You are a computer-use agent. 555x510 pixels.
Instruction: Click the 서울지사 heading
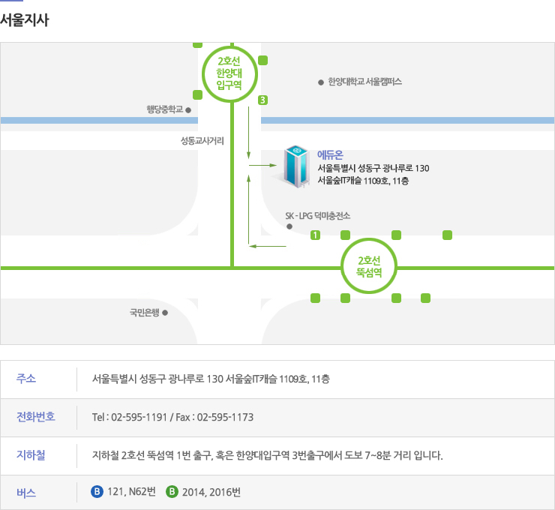pyautogui.click(x=25, y=20)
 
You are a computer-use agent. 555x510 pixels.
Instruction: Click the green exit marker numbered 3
pyautogui.click(x=262, y=100)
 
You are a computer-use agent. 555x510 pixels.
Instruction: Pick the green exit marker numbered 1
pyautogui.click(x=315, y=235)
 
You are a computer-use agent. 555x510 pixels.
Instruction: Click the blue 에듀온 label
pyautogui.click(x=330, y=154)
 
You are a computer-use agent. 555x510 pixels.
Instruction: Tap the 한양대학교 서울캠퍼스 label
pyautogui.click(x=365, y=82)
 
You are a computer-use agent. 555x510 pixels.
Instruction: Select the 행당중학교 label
pyautogui.click(x=165, y=109)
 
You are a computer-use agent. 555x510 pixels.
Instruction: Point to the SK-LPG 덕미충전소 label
pyautogui.click(x=318, y=216)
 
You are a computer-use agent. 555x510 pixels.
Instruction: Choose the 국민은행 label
pyautogui.click(x=145, y=312)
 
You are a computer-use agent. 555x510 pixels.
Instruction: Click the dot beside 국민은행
pyautogui.click(x=165, y=312)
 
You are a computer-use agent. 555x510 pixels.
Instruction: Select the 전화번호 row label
pyautogui.click(x=36, y=416)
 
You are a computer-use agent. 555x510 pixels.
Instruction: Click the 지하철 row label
pyautogui.click(x=31, y=454)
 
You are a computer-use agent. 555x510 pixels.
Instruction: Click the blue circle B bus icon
pyautogui.click(x=96, y=492)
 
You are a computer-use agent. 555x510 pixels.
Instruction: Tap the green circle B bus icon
pyautogui.click(x=172, y=492)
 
